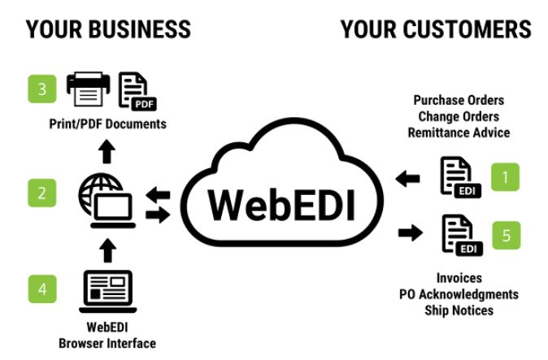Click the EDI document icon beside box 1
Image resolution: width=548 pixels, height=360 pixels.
457,177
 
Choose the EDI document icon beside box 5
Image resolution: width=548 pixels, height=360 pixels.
457,235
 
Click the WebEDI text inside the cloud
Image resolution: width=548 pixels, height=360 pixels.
281,204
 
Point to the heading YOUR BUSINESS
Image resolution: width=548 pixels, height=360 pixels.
109,31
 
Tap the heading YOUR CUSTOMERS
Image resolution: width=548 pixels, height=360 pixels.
436,31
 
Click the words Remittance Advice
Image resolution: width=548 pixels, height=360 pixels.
459,132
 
